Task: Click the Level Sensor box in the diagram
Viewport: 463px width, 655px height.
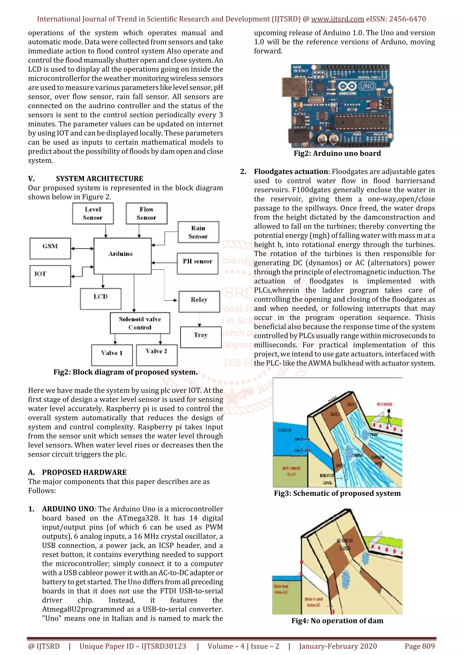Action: click(93, 213)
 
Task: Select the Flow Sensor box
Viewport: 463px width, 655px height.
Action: click(146, 213)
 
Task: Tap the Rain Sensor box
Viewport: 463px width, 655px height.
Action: click(198, 232)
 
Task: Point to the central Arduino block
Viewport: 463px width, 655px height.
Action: click(122, 256)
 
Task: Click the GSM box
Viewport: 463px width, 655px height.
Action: click(50, 248)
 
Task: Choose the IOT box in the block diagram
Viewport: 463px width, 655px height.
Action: click(50, 276)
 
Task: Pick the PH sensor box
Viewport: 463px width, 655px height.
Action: click(197, 263)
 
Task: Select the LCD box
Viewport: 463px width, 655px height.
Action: click(100, 299)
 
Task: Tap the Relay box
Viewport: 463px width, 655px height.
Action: click(199, 302)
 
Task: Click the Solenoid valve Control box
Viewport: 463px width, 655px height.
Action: click(140, 323)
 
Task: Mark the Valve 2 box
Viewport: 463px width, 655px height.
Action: click(157, 355)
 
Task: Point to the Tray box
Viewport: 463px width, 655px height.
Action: click(201, 337)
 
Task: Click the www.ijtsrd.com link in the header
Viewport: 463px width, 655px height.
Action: click(338, 19)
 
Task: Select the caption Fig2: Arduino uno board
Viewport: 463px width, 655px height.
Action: click(337, 153)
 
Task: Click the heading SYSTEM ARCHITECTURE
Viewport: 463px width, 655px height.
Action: click(99, 179)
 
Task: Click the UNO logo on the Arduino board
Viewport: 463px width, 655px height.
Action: click(367, 86)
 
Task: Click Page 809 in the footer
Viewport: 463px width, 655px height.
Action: click(419, 646)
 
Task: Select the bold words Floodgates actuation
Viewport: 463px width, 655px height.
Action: click(291, 172)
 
